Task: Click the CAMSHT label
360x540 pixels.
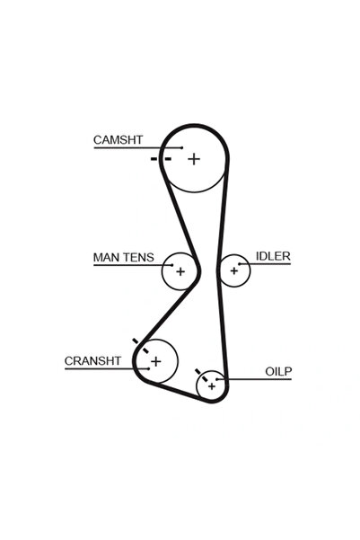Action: (x=118, y=140)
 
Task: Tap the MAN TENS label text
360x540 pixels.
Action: (x=124, y=257)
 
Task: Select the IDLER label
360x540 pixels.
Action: (x=273, y=256)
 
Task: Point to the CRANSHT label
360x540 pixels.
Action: (x=92, y=361)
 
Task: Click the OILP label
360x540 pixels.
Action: (x=278, y=371)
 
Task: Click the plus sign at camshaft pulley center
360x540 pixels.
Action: (x=194, y=159)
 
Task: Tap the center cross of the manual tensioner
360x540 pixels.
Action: (x=180, y=271)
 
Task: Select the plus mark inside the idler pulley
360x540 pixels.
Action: (x=234, y=270)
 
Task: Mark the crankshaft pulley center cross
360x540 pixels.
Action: (x=156, y=361)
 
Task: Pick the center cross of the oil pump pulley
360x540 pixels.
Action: (x=212, y=386)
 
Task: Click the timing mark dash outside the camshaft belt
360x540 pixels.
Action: (x=154, y=159)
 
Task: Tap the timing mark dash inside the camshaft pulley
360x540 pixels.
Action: (x=168, y=159)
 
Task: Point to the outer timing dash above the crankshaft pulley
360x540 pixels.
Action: (x=136, y=341)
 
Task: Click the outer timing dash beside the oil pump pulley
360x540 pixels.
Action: (x=198, y=371)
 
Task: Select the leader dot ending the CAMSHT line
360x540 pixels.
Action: (x=182, y=147)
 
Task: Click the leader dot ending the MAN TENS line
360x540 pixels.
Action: (x=171, y=265)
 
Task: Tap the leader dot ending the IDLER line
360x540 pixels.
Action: (x=240, y=264)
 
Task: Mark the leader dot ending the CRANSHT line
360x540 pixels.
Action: (x=149, y=369)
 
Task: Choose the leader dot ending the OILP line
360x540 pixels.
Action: (x=217, y=379)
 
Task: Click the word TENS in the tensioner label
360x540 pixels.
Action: (x=138, y=257)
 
